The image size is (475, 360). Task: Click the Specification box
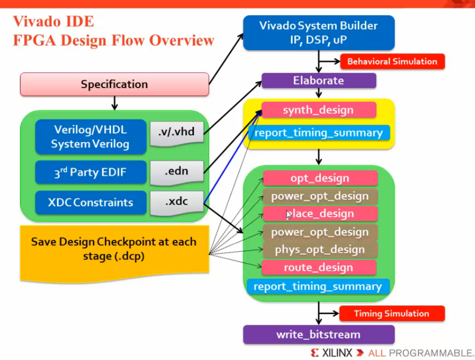tap(114, 84)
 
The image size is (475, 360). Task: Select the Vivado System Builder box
tap(318, 33)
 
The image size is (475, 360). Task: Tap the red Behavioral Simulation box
tap(392, 62)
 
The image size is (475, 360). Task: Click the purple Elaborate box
tap(318, 80)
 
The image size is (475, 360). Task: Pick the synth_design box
tap(318, 110)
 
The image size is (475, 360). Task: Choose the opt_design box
tap(320, 178)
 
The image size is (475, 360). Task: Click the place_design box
tap(320, 214)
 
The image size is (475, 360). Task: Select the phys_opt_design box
tap(320, 249)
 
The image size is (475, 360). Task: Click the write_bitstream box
tap(318, 335)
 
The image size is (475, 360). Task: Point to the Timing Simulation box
tap(392, 314)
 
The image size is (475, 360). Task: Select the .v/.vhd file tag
tap(176, 131)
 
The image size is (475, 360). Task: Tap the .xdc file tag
tap(176, 202)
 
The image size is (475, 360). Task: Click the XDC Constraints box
tap(90, 202)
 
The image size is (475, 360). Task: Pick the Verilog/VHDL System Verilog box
tap(90, 137)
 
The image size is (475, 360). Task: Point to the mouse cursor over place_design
tap(289, 215)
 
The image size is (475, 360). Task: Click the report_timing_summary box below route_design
tap(318, 287)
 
